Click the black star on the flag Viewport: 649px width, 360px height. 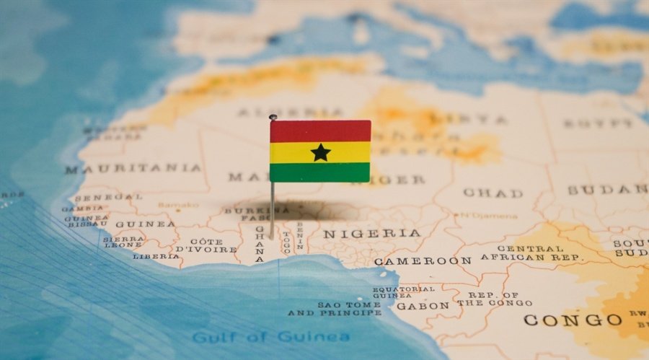[x=320, y=152]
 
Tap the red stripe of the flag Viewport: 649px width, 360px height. [x=320, y=131]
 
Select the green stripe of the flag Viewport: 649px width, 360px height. [x=320, y=172]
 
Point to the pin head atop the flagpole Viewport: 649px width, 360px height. [x=273, y=117]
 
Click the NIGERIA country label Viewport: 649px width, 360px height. [x=371, y=234]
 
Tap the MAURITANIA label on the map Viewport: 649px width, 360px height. [x=133, y=169]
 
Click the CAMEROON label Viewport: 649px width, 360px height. [x=423, y=260]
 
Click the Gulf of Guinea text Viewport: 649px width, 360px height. [x=270, y=337]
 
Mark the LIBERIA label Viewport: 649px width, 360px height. [x=156, y=256]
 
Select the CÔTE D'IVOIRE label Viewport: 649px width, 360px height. [x=206, y=245]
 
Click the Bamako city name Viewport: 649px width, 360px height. [x=178, y=205]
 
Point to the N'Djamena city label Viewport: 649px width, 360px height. [x=490, y=215]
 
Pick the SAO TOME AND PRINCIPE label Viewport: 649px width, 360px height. [x=335, y=309]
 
